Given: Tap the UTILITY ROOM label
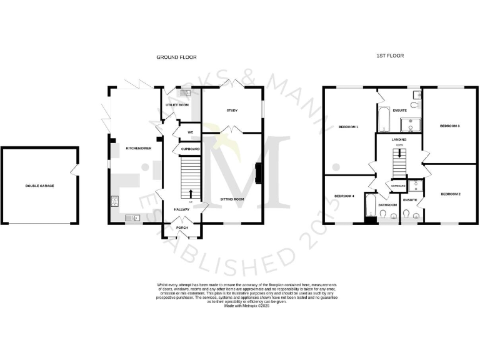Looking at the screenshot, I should click(177, 105).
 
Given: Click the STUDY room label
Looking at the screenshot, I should click(231, 110).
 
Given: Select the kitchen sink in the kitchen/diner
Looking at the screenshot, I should click(133, 217).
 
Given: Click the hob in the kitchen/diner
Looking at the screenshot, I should click(115, 201).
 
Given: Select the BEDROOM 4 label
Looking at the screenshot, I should click(344, 196).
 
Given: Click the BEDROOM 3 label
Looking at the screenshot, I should click(450, 126).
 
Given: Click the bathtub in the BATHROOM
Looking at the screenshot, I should click(370, 207).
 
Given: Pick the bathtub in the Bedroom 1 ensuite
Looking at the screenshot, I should click(382, 117).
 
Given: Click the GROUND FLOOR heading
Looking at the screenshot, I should click(176, 57).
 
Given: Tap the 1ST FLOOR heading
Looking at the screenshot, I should click(390, 56).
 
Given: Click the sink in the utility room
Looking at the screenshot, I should click(184, 94).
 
